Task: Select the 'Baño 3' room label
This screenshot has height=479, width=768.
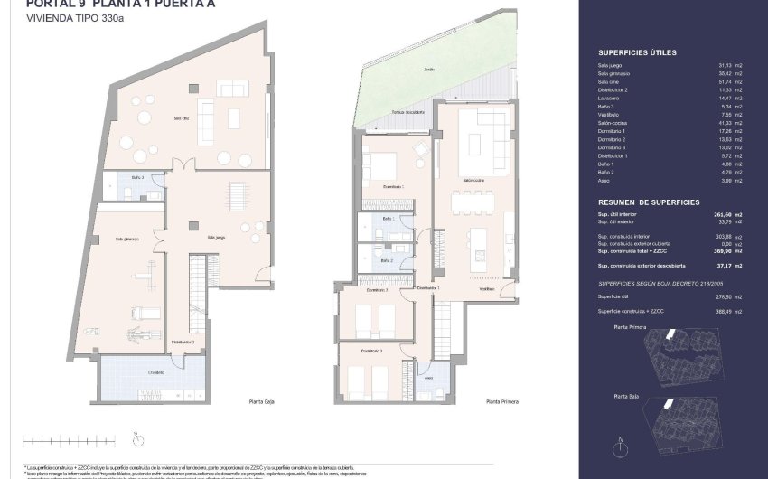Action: [x=136, y=177]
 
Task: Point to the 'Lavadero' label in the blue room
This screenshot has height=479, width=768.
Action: [x=131, y=372]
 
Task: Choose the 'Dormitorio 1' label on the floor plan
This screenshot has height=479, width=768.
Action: [x=392, y=186]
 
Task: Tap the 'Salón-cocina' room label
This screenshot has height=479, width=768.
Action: [x=474, y=180]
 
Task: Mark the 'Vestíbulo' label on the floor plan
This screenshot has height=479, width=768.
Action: [x=487, y=288]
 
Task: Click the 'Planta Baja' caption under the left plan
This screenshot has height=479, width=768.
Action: [x=262, y=401]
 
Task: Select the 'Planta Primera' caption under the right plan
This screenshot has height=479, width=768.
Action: [x=501, y=401]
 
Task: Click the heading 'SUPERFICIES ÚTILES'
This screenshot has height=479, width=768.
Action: [x=637, y=53]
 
